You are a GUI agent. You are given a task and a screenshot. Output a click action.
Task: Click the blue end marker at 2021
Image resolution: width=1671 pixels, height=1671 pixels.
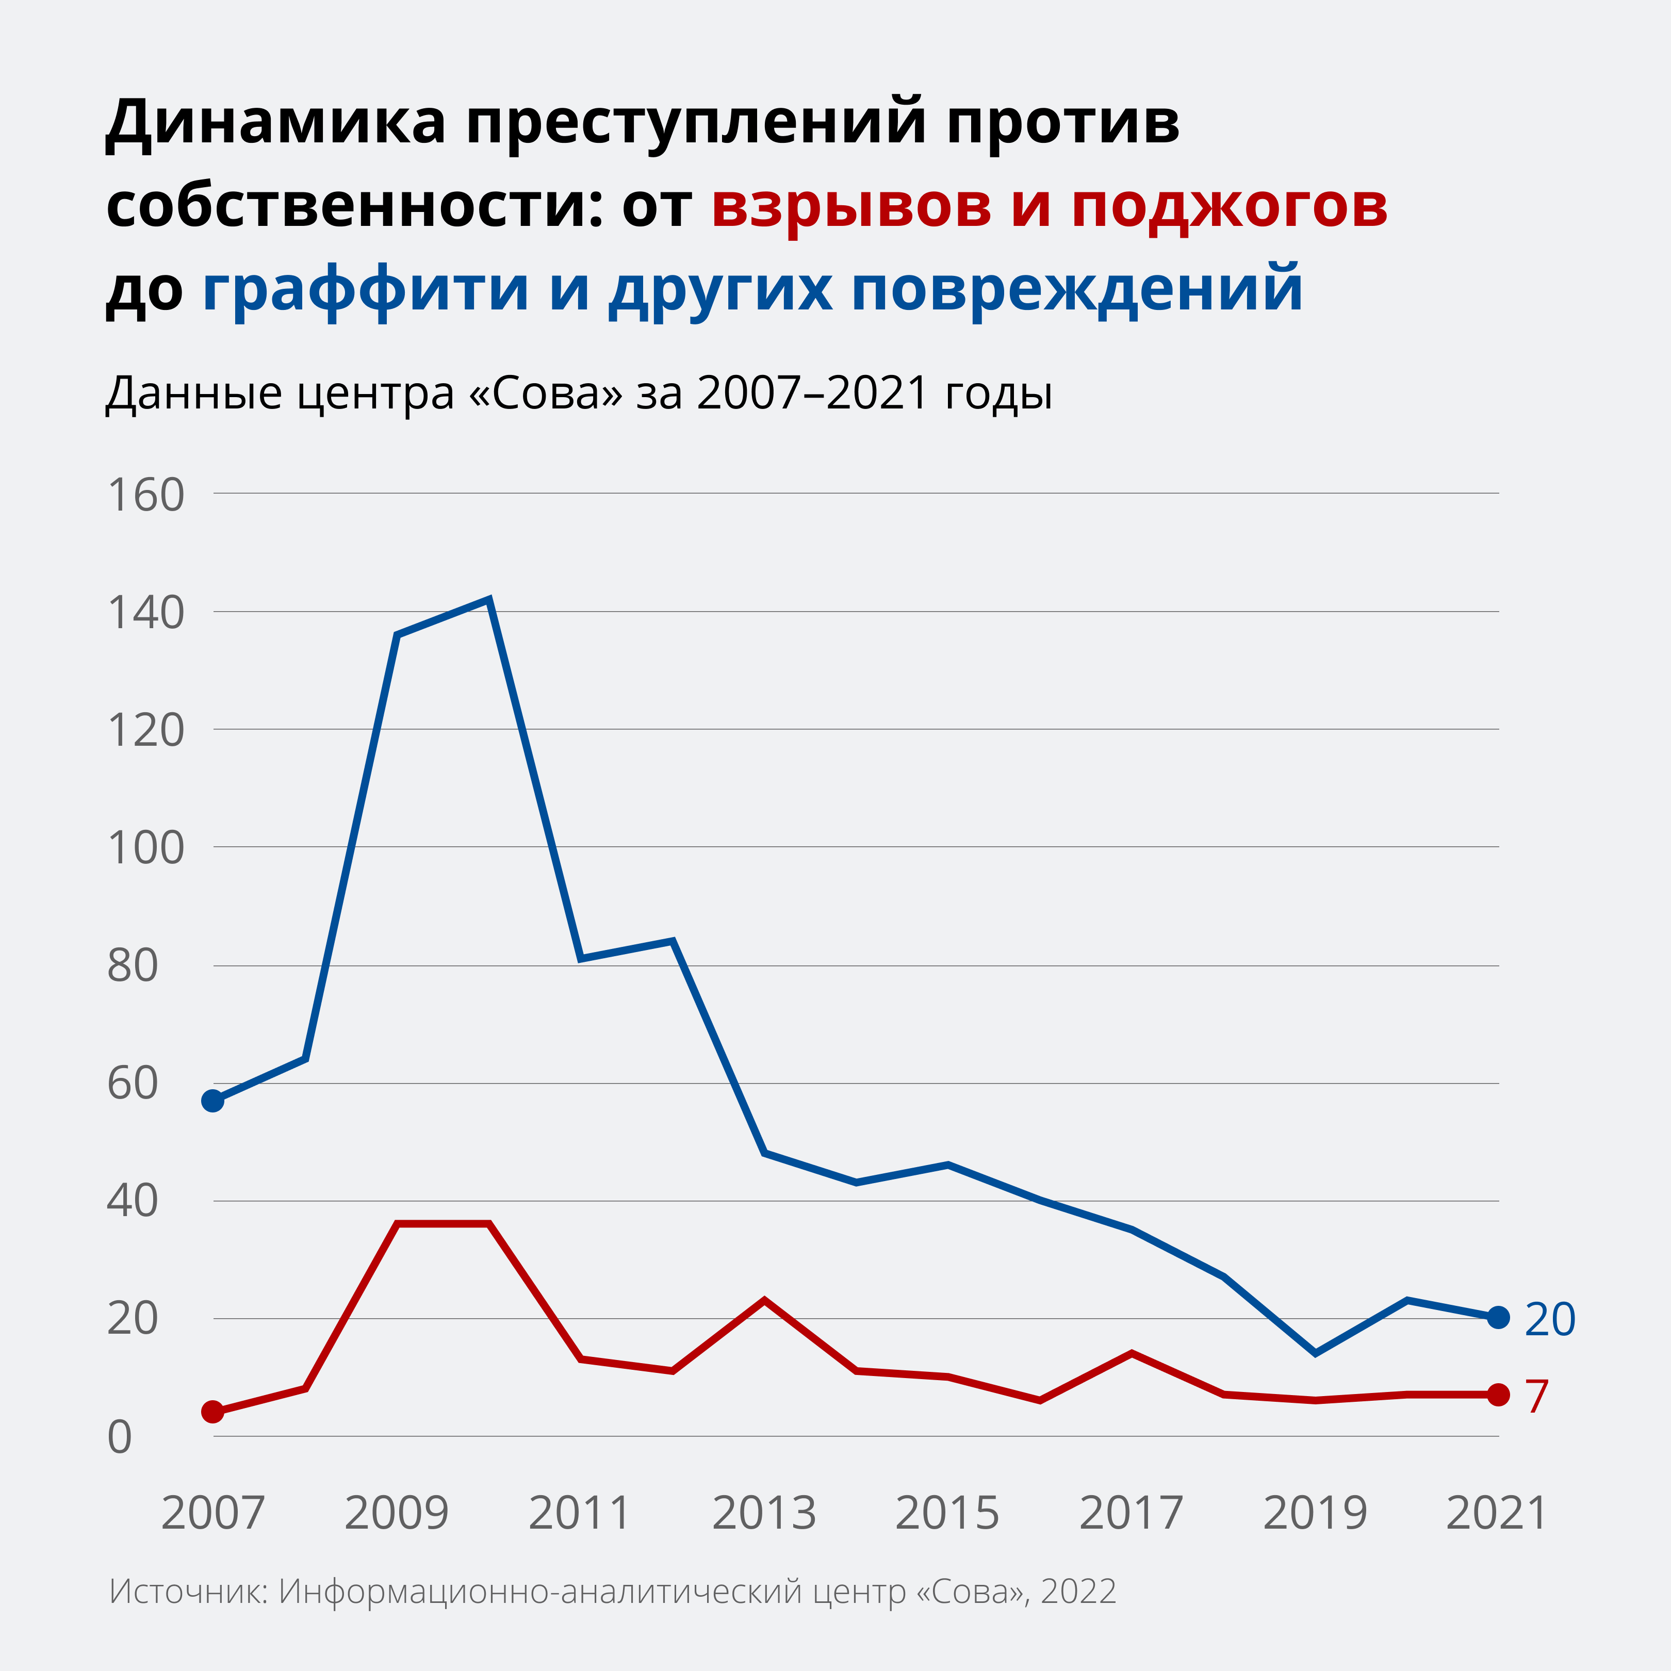(x=1498, y=1317)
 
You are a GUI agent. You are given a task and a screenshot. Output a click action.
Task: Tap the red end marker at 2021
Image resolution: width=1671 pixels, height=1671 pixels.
(x=1498, y=1394)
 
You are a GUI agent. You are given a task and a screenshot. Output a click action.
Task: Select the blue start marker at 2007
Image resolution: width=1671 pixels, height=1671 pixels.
(x=213, y=1100)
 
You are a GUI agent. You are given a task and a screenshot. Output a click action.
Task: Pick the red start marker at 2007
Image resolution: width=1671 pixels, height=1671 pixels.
(x=213, y=1412)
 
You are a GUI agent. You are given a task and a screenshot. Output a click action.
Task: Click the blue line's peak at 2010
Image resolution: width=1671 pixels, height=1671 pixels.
(x=489, y=599)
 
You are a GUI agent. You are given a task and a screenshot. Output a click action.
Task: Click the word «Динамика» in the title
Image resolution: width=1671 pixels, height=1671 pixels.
(x=275, y=123)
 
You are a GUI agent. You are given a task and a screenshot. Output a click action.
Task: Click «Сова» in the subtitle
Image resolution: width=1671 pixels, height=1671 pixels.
(x=545, y=392)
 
